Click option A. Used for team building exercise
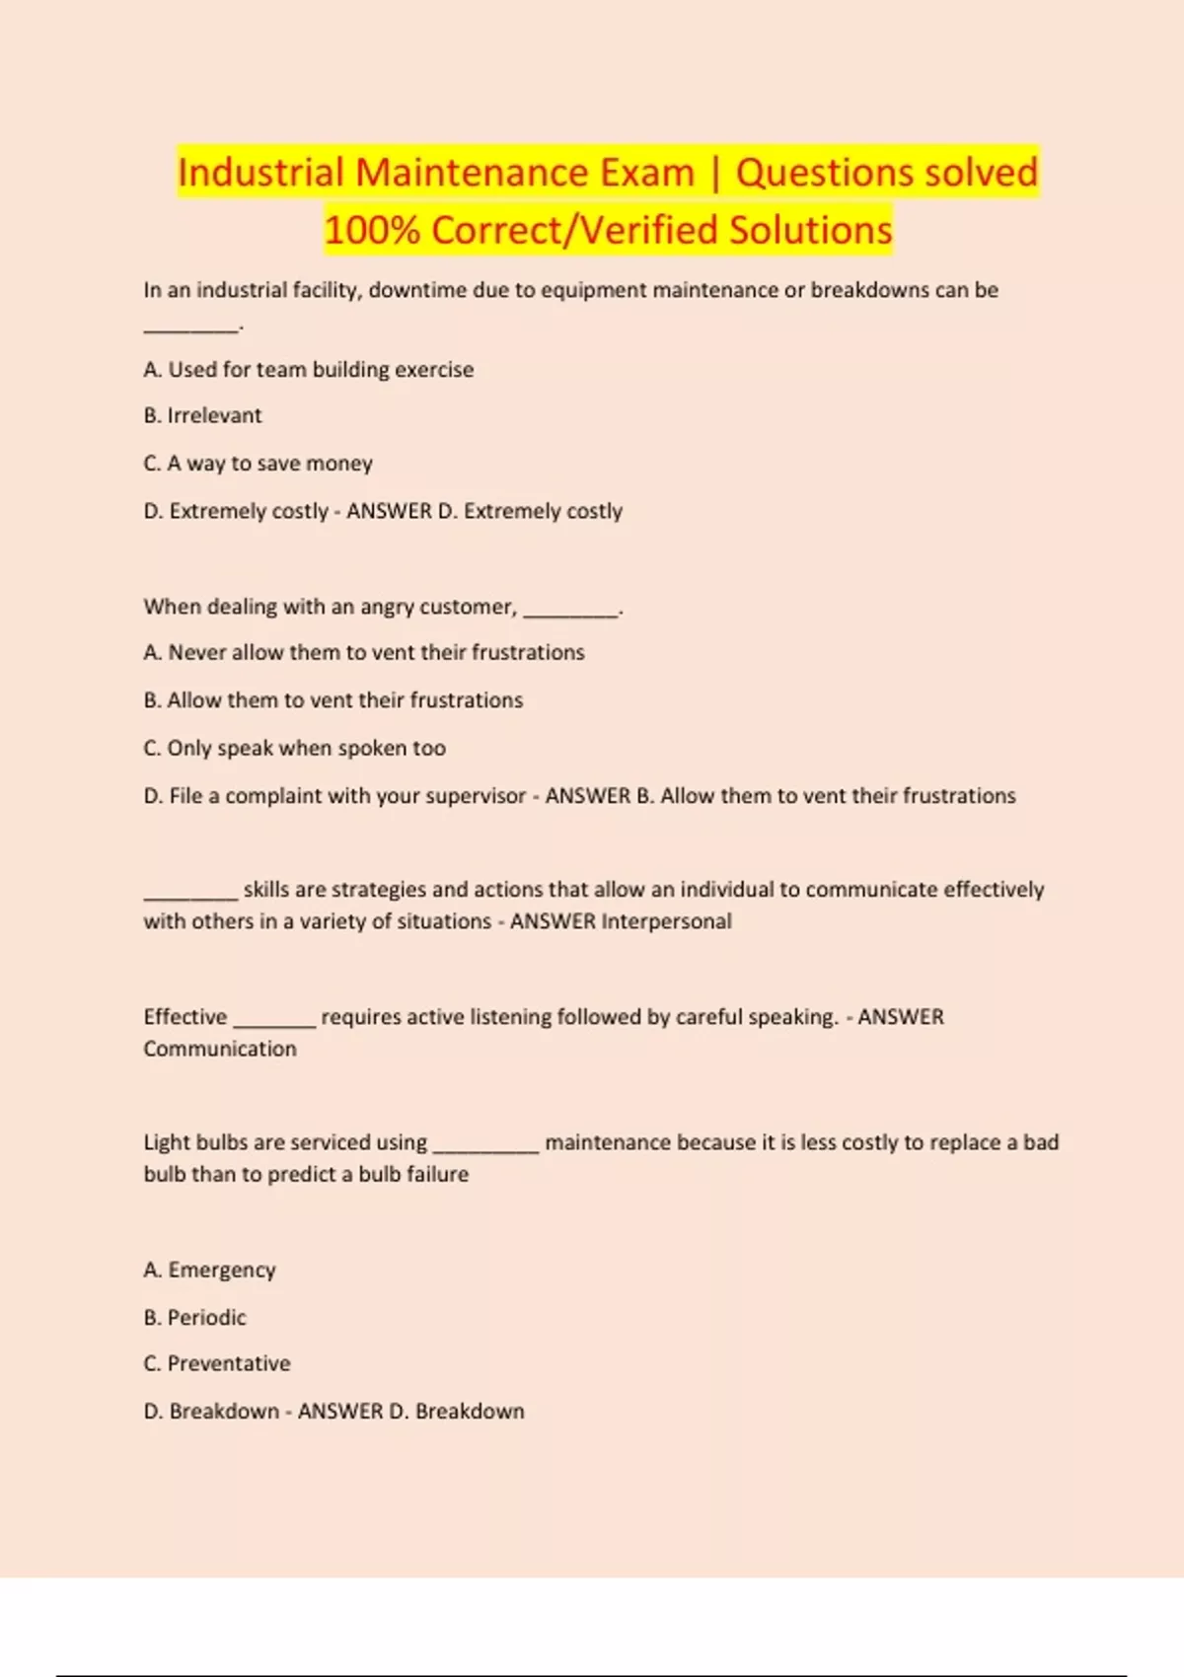(x=309, y=370)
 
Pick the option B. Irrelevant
(x=203, y=416)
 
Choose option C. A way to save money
(x=259, y=464)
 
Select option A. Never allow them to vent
(x=364, y=653)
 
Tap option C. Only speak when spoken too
(x=295, y=749)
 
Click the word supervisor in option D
(x=475, y=796)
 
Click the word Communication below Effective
(x=220, y=1049)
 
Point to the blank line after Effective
(x=274, y=1024)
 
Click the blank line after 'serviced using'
(x=486, y=1149)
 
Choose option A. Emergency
(x=210, y=1270)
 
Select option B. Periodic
(x=195, y=1318)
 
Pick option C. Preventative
(x=217, y=1364)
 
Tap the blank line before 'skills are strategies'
(x=190, y=897)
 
